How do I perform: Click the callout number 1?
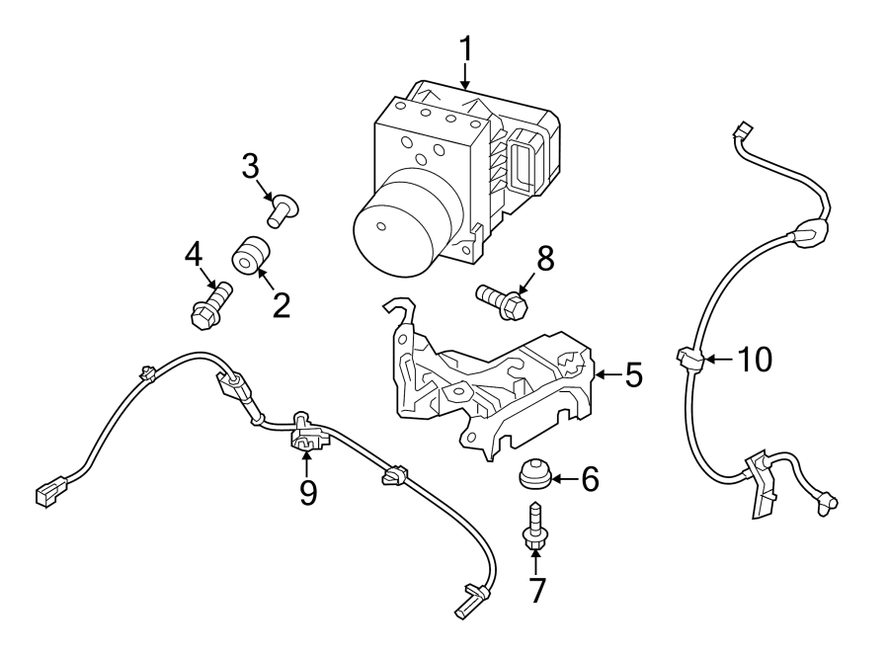pyautogui.click(x=464, y=49)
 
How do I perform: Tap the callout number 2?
pyautogui.click(x=281, y=304)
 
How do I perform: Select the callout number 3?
pyautogui.click(x=250, y=165)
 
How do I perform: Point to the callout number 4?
pyautogui.click(x=192, y=254)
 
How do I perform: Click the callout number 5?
pyautogui.click(x=633, y=374)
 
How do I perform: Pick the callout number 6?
pyautogui.click(x=590, y=480)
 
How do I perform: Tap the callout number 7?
pyautogui.click(x=536, y=589)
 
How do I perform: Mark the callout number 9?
pyautogui.click(x=308, y=492)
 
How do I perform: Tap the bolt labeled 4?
pyautogui.click(x=208, y=304)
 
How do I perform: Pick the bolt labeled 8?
pyautogui.click(x=503, y=299)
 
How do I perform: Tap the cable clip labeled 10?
pyautogui.click(x=688, y=359)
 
